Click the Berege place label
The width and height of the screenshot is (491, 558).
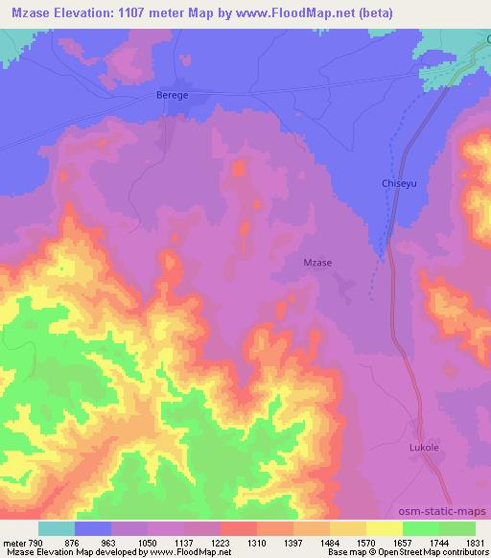pos(172,96)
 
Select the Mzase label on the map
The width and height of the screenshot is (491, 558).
pos(317,262)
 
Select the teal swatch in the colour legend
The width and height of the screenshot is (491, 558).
pos(56,527)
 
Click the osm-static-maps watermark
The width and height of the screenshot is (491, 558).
pos(451,513)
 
